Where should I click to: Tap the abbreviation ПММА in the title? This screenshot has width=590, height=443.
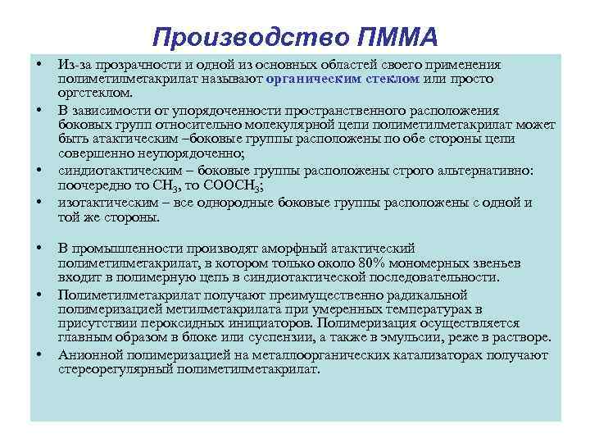[397, 37]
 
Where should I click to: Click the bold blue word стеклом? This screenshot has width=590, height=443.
[394, 79]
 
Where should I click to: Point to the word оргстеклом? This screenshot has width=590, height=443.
[88, 94]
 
